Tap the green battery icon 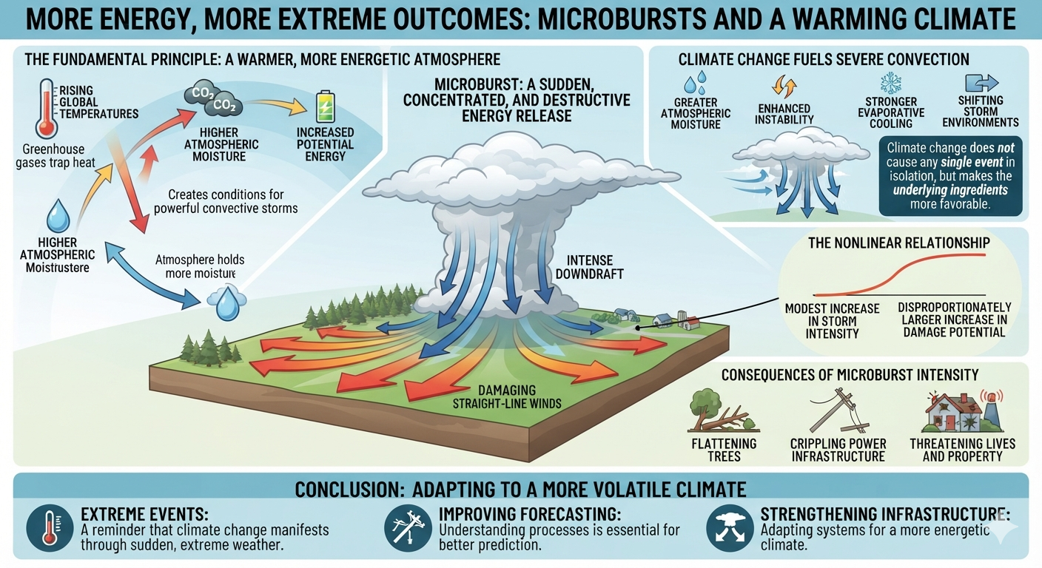(325, 106)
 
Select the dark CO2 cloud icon (212, 99)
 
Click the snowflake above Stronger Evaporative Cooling (890, 83)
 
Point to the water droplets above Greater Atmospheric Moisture (696, 83)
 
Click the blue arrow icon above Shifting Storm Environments (981, 83)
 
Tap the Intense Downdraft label (589, 267)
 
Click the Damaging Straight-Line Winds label (507, 396)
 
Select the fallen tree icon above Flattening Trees (723, 411)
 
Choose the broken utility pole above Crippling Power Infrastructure (837, 410)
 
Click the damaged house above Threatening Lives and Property (962, 412)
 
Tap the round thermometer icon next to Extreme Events (50, 528)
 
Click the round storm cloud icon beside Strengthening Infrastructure (730, 528)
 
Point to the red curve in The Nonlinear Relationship (900, 274)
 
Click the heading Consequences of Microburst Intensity (850, 375)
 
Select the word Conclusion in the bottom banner (349, 490)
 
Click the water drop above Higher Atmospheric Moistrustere (58, 216)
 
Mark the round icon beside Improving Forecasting (408, 528)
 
